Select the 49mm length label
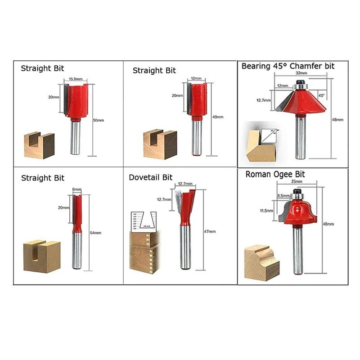217,117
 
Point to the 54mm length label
95,233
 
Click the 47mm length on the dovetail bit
210,231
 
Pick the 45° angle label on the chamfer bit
321,95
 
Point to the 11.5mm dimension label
267,210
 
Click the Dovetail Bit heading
150,177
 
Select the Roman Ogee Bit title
275,174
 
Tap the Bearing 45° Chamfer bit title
288,66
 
